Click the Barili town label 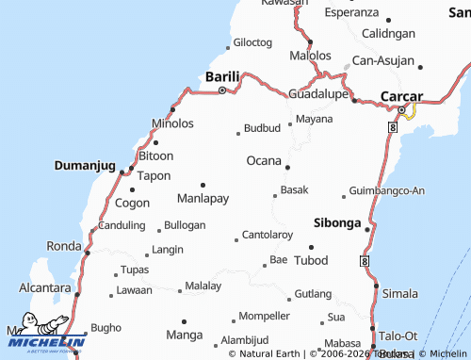[x=222, y=76]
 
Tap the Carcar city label [x=401, y=96]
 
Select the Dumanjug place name [x=84, y=164]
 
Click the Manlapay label [x=203, y=198]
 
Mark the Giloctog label [x=252, y=42]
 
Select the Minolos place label [x=172, y=123]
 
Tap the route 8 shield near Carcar [x=391, y=125]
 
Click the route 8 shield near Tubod [x=364, y=259]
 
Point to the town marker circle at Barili [x=222, y=91]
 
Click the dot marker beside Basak [x=275, y=196]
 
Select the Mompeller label [x=264, y=315]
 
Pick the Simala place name [x=400, y=294]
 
